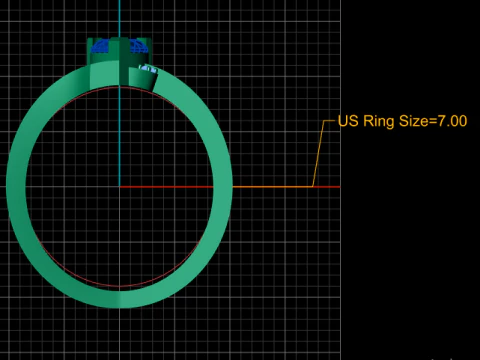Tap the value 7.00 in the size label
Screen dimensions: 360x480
pos(449,121)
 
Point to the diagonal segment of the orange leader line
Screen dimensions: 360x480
pos(319,154)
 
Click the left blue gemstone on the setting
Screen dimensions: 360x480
pos(100,45)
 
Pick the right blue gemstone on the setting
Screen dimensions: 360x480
pos(138,45)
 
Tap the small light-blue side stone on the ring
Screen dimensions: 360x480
pos(148,68)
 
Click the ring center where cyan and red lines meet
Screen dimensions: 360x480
pos(119,186)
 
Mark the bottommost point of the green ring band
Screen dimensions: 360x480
pos(119,306)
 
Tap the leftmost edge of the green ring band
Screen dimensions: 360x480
pos(8,186)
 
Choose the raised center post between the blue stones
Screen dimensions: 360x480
pos(119,45)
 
